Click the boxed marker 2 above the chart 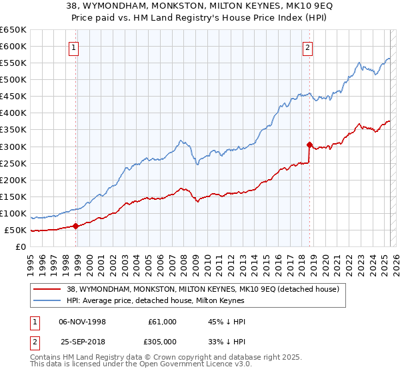pyautogui.click(x=307, y=47)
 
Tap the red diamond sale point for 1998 pyautogui.click(x=75, y=226)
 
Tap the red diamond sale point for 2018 pyautogui.click(x=309, y=144)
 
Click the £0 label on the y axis pyautogui.click(x=21, y=247)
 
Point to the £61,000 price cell pyautogui.click(x=162, y=322)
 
